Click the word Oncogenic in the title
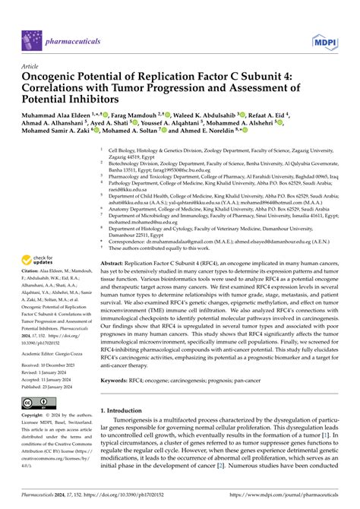[54, 77]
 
